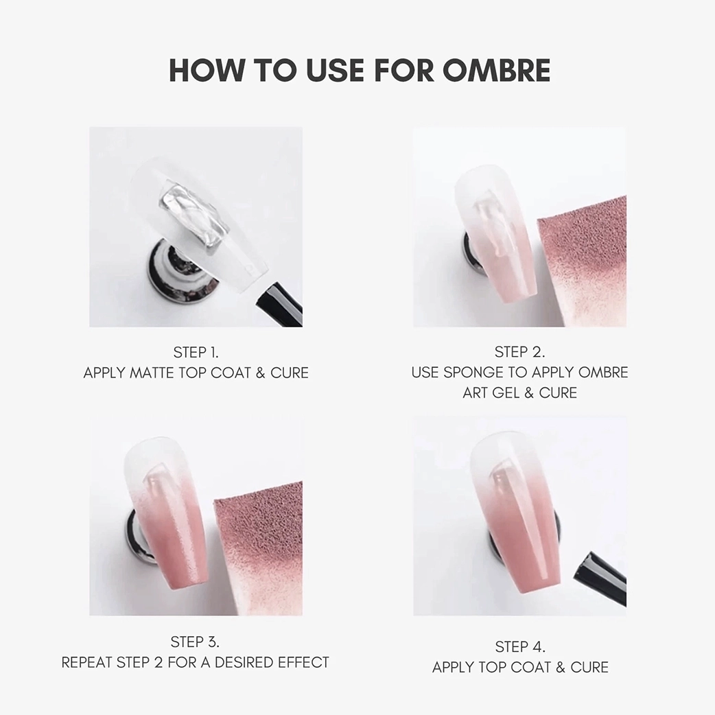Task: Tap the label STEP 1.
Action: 196,353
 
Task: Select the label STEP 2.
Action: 519,352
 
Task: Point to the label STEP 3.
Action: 195,642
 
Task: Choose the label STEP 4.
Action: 520,646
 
